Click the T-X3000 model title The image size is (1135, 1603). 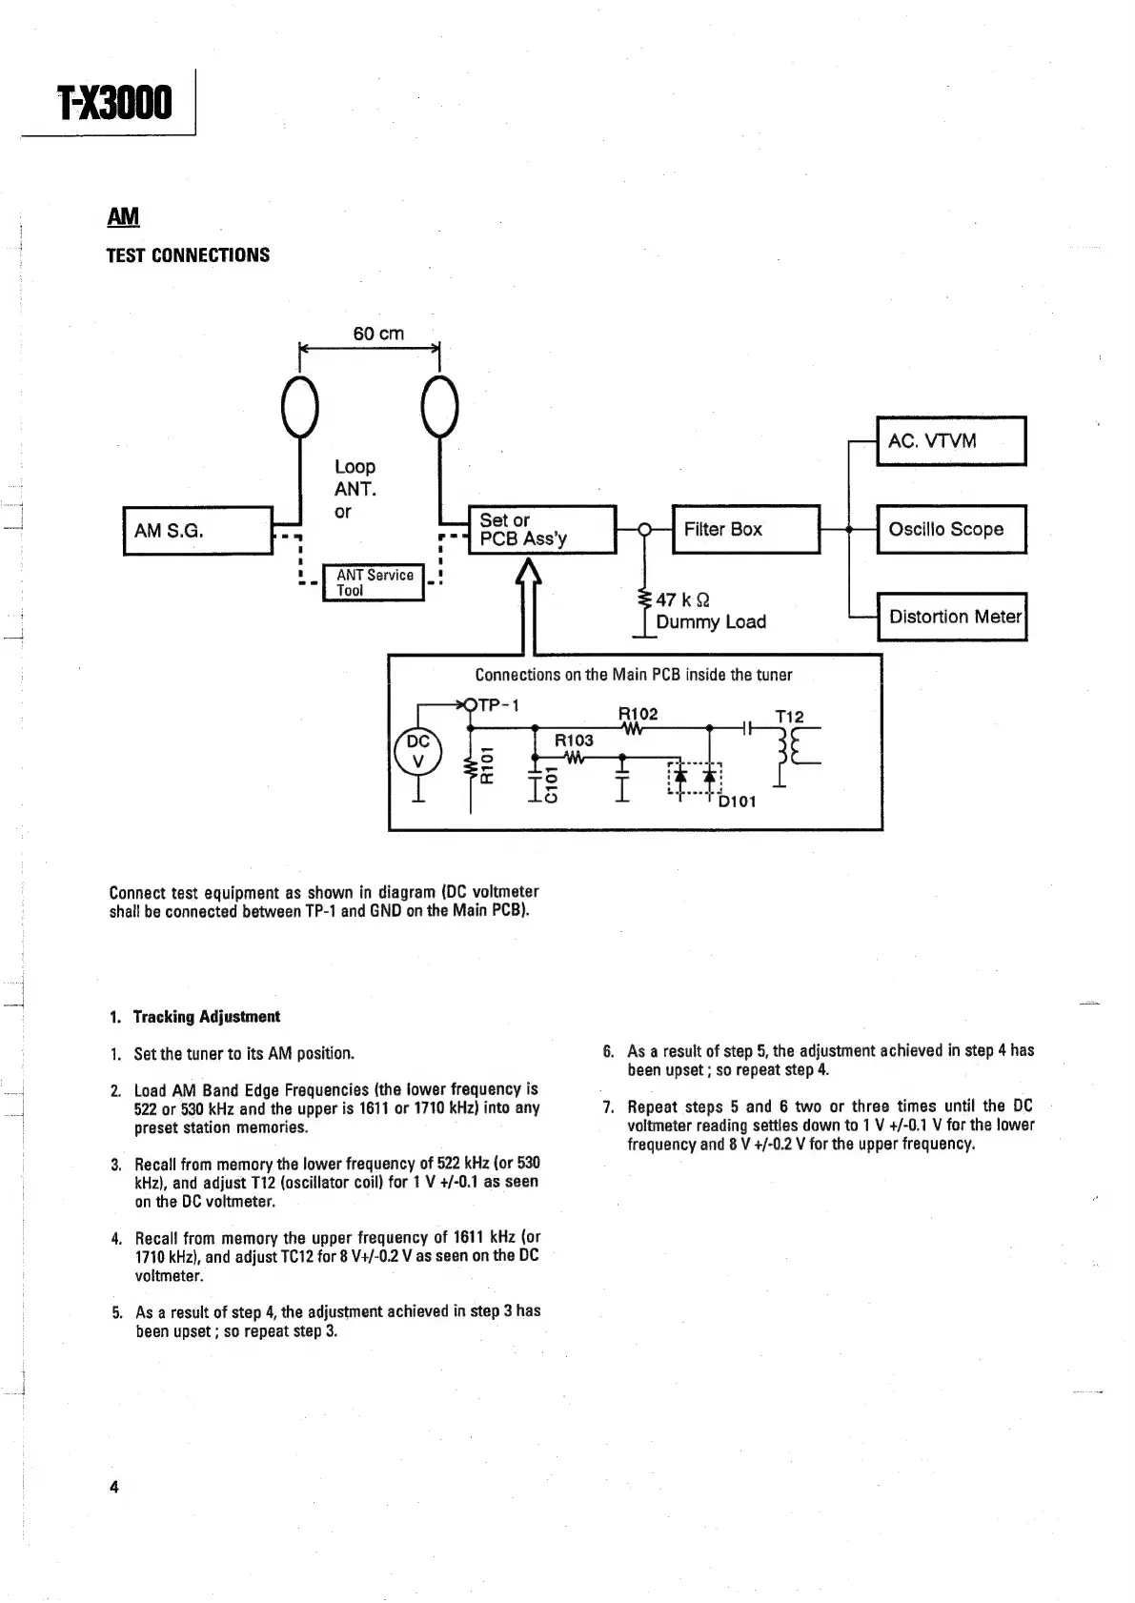(115, 104)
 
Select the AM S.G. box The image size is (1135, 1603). (198, 531)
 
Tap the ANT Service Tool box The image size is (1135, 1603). (375, 582)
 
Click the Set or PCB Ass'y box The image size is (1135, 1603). (543, 530)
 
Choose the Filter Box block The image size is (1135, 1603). (745, 530)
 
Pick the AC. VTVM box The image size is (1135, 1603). (950, 441)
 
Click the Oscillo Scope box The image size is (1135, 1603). (950, 530)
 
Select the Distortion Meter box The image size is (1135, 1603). (953, 617)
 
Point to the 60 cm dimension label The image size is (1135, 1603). (378, 334)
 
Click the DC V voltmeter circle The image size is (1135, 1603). (417, 751)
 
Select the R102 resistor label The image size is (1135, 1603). (638, 714)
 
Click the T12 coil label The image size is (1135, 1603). (789, 716)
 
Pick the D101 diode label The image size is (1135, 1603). (737, 801)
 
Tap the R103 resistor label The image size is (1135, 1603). (574, 741)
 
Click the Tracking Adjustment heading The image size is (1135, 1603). (206, 1017)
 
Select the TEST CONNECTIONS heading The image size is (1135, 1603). (188, 255)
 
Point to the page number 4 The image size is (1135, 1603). (113, 1487)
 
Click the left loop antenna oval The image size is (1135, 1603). (299, 406)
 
